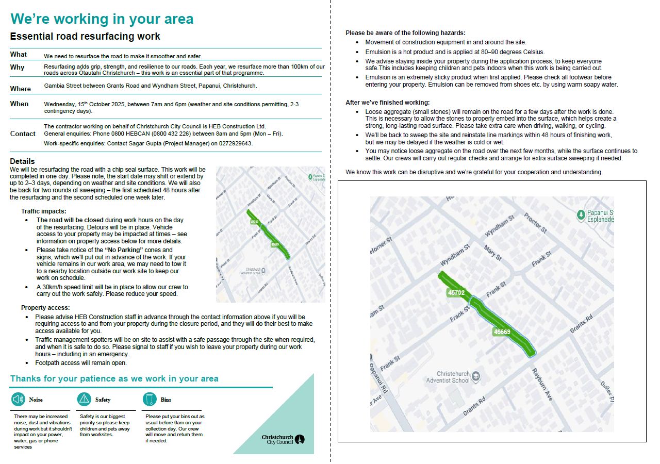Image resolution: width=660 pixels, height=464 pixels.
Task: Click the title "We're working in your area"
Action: pyautogui.click(x=102, y=19)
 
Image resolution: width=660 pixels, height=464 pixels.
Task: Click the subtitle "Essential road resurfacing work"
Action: pyautogui.click(x=85, y=37)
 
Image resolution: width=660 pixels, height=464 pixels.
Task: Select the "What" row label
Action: pyautogui.click(x=19, y=54)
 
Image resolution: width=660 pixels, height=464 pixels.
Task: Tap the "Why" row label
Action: pyautogui.click(x=17, y=68)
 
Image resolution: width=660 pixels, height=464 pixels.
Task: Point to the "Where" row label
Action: pyautogui.click(x=21, y=89)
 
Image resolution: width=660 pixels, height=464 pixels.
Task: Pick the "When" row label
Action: pyautogui.click(x=19, y=104)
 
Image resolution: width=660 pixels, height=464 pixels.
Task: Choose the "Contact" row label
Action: pyautogui.click(x=23, y=134)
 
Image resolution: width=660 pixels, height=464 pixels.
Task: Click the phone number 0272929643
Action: pyautogui.click(x=235, y=143)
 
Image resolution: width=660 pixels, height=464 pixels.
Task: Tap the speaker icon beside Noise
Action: pyautogui.click(x=18, y=399)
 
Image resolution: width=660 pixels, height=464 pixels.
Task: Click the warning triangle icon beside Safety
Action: pyautogui.click(x=84, y=399)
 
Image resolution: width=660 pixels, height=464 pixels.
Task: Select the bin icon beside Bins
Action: pyautogui.click(x=150, y=399)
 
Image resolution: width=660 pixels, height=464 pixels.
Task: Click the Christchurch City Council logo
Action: pyautogui.click(x=283, y=439)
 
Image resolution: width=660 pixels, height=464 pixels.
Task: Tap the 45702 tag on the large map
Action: pyautogui.click(x=456, y=292)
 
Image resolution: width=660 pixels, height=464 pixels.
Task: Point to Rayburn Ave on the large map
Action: pyautogui.click(x=542, y=385)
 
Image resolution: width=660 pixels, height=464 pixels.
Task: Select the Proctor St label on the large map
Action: pyautogui.click(x=535, y=223)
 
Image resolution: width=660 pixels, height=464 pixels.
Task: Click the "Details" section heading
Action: pyautogui.click(x=22, y=161)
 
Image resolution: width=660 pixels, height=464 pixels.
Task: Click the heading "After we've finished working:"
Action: pyautogui.click(x=387, y=103)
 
